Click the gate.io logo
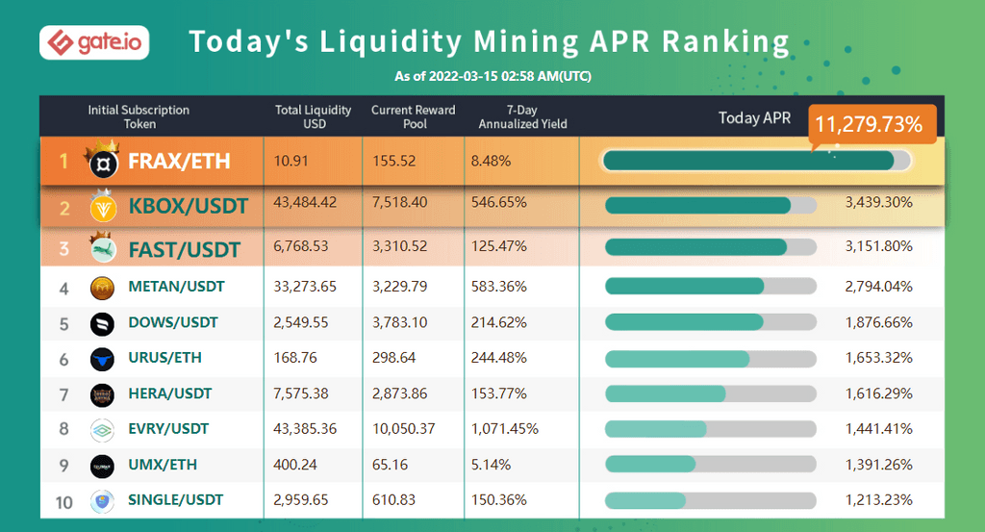click(x=93, y=43)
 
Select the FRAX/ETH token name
click(x=179, y=161)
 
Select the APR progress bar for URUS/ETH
click(x=710, y=358)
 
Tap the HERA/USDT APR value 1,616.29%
click(x=878, y=393)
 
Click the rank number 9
click(x=63, y=465)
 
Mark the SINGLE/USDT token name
click(x=175, y=499)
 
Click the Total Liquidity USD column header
click(x=313, y=116)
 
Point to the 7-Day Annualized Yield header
click(x=522, y=116)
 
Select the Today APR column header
click(x=754, y=117)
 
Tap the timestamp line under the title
click(x=492, y=76)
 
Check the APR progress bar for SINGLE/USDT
click(x=710, y=500)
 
